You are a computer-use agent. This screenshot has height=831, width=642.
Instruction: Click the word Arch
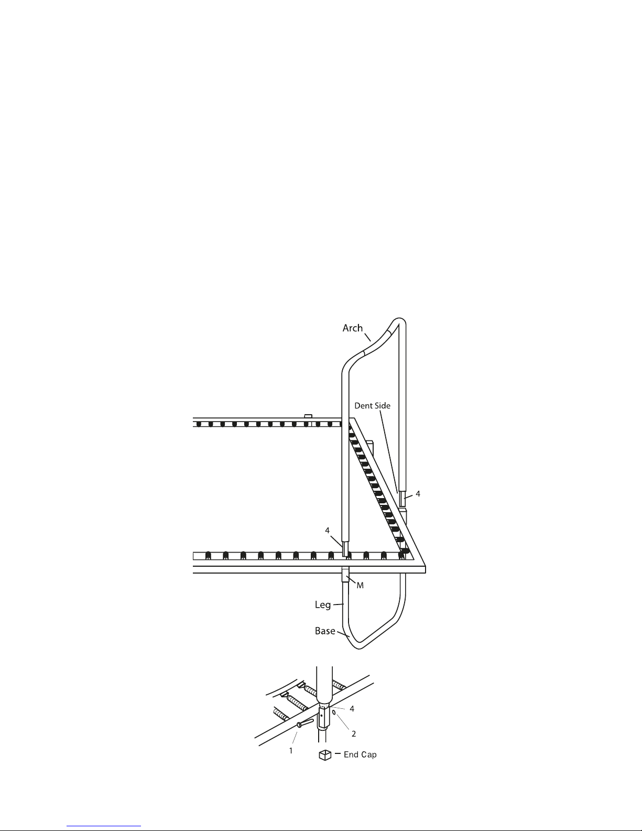tap(352, 328)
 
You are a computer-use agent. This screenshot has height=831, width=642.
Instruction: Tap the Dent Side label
tap(372, 405)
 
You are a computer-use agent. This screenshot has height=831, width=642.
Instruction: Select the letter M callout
tap(360, 585)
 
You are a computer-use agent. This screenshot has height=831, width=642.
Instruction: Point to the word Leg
tap(322, 605)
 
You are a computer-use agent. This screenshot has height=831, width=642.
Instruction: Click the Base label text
tap(325, 631)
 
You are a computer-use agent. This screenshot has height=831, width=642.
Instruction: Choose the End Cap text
tap(360, 754)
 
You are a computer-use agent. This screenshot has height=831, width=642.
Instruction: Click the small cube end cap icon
tap(325, 755)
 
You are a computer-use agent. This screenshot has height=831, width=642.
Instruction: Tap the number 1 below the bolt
tap(291, 751)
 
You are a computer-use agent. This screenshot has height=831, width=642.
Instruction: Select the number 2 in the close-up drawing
tap(353, 733)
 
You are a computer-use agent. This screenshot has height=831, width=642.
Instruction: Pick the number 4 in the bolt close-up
tap(352, 709)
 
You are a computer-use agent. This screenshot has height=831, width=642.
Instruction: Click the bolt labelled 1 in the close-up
tap(305, 722)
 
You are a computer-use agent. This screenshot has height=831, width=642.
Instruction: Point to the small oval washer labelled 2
tap(334, 713)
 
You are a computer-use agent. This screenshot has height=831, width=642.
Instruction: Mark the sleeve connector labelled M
tap(345, 575)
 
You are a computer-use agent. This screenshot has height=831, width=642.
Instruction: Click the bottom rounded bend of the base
tap(358, 646)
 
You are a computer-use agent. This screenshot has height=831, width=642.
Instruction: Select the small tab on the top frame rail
tap(308, 416)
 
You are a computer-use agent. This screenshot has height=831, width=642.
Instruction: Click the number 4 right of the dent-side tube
tap(418, 494)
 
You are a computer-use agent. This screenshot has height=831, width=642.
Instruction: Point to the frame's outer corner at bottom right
tap(425, 572)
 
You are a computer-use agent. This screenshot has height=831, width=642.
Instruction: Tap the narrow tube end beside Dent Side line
tap(402, 499)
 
